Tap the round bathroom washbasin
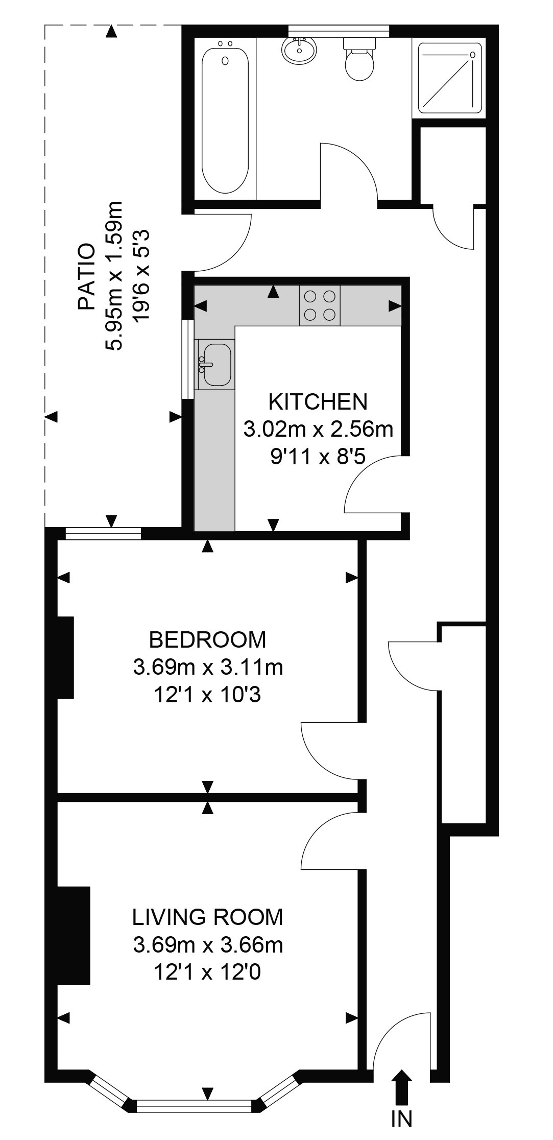(x=299, y=50)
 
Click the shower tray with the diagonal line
(x=449, y=78)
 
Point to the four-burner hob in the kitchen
(x=320, y=305)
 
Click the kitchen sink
(x=217, y=364)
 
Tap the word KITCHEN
(x=318, y=402)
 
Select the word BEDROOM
(x=207, y=639)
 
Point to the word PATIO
(x=87, y=277)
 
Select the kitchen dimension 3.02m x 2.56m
(x=318, y=429)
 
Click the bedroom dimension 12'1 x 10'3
(x=207, y=695)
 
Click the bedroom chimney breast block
(x=65, y=657)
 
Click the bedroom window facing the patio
(x=103, y=534)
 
